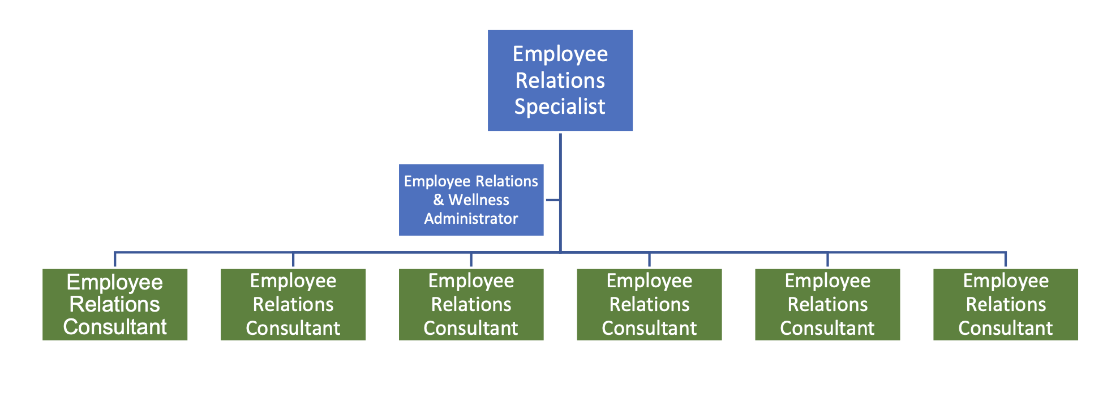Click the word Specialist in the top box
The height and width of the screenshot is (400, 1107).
pyautogui.click(x=560, y=107)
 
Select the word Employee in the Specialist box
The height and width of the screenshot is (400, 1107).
pyautogui.click(x=560, y=54)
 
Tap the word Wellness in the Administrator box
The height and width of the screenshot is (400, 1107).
pyautogui.click(x=479, y=200)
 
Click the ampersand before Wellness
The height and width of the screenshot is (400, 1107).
pyautogui.click(x=439, y=200)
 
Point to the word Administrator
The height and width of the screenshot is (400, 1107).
pyautogui.click(x=471, y=219)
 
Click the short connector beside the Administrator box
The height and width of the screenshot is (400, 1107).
pyautogui.click(x=552, y=200)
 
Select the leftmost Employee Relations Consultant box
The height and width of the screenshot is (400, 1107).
pyautogui.click(x=115, y=304)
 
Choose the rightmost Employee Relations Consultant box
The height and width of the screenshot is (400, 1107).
pyautogui.click(x=1005, y=304)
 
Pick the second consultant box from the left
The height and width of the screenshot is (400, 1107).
pyautogui.click(x=293, y=304)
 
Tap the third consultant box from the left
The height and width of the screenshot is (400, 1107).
pyautogui.click(x=471, y=304)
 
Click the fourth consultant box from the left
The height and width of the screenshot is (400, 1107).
pyautogui.click(x=649, y=304)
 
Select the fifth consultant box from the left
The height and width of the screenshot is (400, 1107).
pyautogui.click(x=827, y=304)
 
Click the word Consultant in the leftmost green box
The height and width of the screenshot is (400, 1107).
pyautogui.click(x=115, y=327)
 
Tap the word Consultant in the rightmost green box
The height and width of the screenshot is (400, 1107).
pyautogui.click(x=1005, y=328)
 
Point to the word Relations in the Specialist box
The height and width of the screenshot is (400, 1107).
pyautogui.click(x=560, y=80)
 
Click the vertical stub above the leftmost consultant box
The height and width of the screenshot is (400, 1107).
pyautogui.click(x=115, y=259)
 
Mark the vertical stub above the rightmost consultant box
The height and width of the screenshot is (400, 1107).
pyautogui.click(x=1005, y=259)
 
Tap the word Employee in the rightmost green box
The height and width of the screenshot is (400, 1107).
pyautogui.click(x=1006, y=280)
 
